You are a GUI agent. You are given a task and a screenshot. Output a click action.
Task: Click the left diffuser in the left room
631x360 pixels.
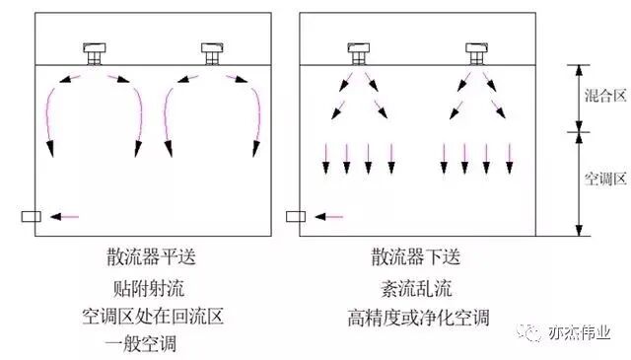[95, 52]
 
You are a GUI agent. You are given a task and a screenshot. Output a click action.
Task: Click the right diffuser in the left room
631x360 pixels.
[211, 52]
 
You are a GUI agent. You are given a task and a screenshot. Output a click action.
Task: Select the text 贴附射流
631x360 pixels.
[146, 289]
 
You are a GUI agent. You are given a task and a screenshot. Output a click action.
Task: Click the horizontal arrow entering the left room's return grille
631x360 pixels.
[64, 216]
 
